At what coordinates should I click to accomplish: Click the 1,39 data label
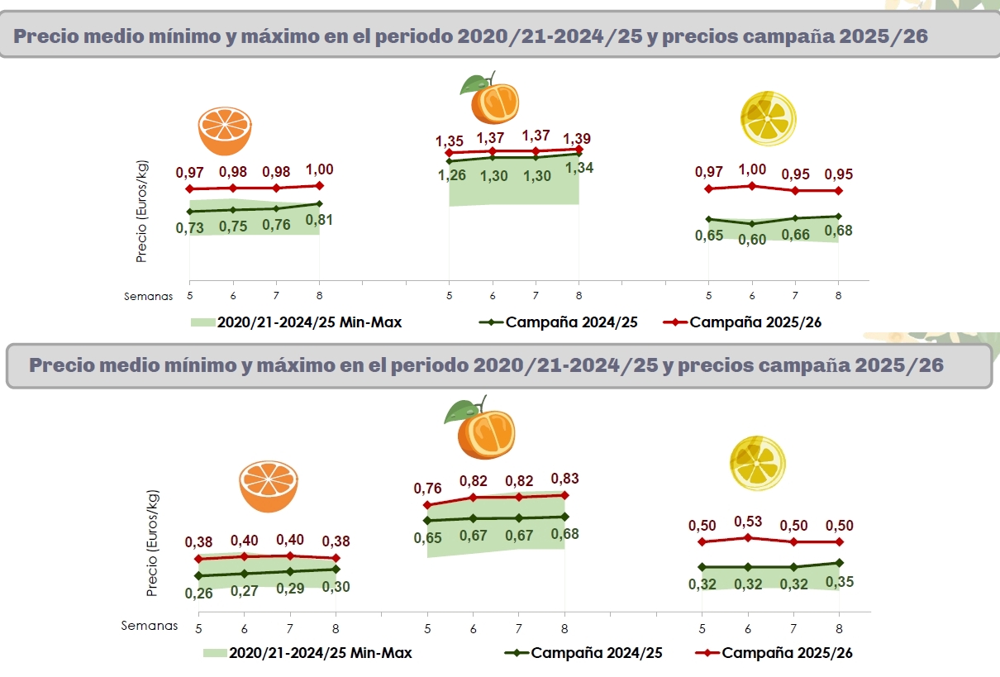[577, 139]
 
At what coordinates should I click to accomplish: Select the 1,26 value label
[452, 175]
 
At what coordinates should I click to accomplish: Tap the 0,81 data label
[320, 220]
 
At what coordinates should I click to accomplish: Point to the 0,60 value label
[753, 240]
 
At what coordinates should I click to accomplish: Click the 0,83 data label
[564, 479]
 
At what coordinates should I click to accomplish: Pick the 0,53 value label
[748, 522]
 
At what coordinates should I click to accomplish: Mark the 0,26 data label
[199, 594]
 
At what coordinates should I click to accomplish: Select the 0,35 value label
[840, 582]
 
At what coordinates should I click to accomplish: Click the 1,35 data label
[450, 141]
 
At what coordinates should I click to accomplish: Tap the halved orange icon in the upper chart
[225, 130]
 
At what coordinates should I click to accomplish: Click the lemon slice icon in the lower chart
[757, 463]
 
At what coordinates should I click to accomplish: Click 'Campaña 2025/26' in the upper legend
[755, 322]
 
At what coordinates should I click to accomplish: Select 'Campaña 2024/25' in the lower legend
[597, 653]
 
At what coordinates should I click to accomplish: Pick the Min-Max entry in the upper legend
[308, 322]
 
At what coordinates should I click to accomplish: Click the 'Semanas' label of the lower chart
[150, 626]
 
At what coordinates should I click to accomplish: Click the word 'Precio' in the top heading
[49, 37]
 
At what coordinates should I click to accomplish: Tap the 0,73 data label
[190, 228]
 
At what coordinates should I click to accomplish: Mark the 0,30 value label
[336, 587]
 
